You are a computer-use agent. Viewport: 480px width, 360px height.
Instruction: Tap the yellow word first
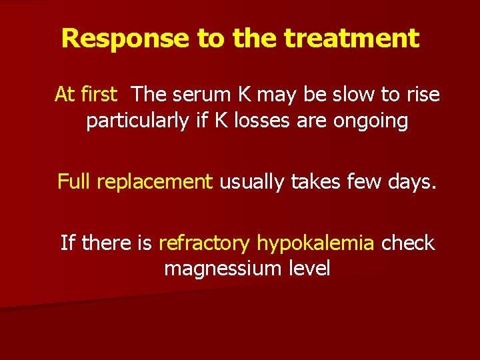(x=99, y=95)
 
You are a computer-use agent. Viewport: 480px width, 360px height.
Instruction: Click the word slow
(x=353, y=95)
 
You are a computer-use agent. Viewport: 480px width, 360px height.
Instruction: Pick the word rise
(x=422, y=95)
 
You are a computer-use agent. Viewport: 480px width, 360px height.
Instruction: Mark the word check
(x=407, y=243)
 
